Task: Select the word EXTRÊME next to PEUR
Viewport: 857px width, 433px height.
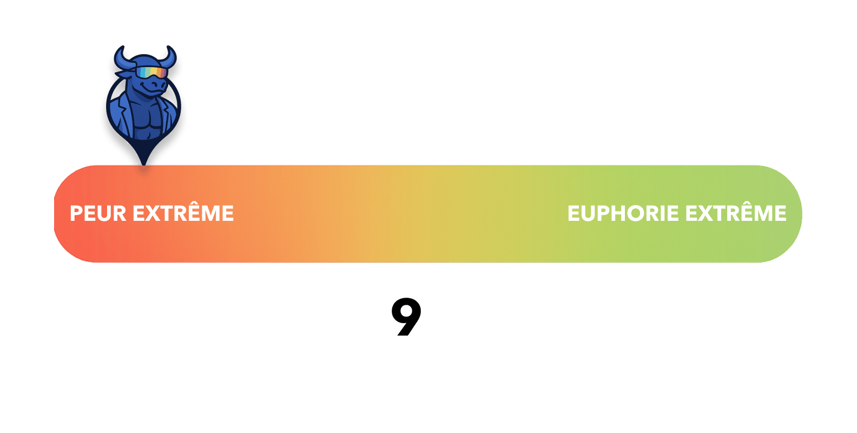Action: [183, 213]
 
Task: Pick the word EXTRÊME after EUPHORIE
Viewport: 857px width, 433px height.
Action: [736, 213]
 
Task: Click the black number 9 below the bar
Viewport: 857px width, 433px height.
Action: [406, 317]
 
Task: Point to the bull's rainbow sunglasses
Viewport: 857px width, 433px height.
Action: [151, 72]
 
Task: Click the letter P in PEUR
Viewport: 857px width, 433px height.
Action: [76, 213]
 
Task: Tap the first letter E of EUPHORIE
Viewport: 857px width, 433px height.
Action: [573, 213]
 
